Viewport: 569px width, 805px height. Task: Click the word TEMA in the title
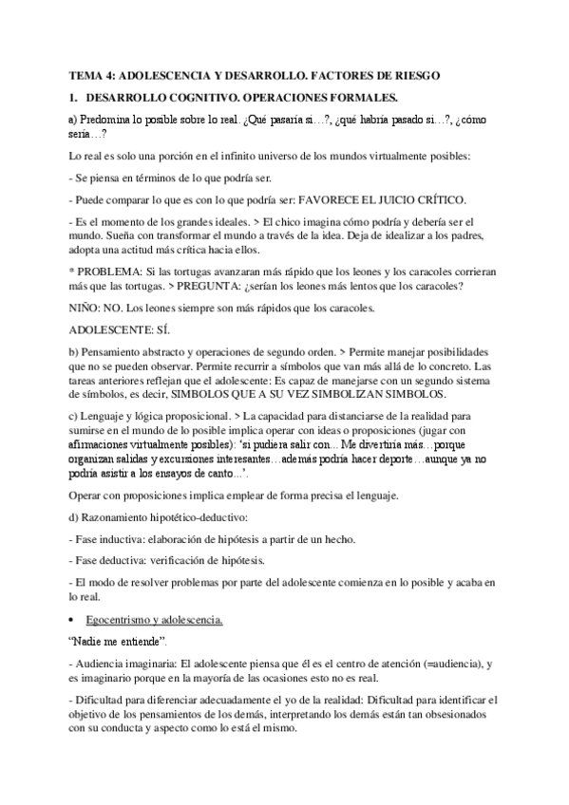(x=86, y=75)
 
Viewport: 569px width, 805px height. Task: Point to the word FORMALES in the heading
(x=366, y=96)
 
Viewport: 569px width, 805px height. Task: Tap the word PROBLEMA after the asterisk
(x=109, y=269)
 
